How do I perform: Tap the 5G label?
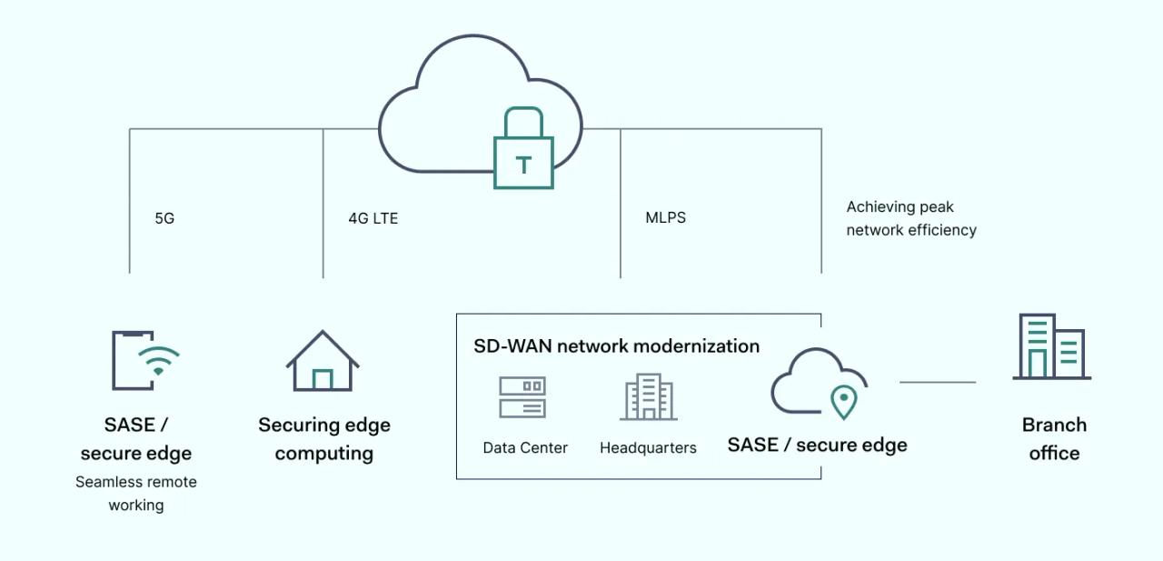click(x=164, y=218)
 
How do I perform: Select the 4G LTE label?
click(x=373, y=218)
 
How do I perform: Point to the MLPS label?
click(x=665, y=217)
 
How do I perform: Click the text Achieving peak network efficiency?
click(x=911, y=218)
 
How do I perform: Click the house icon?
click(x=323, y=361)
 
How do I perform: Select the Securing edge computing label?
click(x=324, y=438)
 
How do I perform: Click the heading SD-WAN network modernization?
click(x=616, y=346)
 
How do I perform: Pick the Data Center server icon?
click(x=522, y=397)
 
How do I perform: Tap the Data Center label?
click(x=525, y=447)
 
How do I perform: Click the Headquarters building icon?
click(x=649, y=396)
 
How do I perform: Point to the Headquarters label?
click(x=648, y=447)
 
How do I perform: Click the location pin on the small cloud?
click(x=844, y=401)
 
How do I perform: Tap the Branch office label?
click(x=1054, y=438)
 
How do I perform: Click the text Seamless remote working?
click(x=136, y=493)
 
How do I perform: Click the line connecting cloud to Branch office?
click(x=938, y=382)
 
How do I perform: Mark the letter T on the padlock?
click(x=523, y=165)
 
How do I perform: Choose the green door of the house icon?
click(x=323, y=379)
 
